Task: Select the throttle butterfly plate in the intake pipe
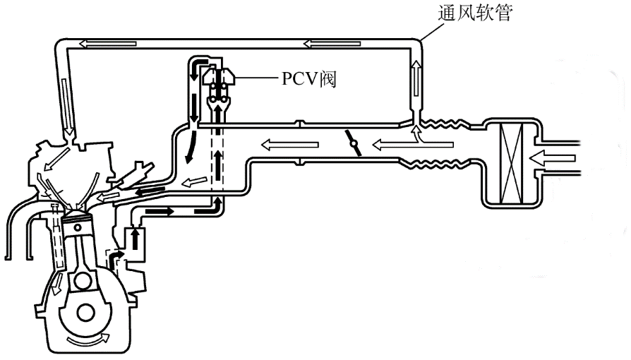point(354,143)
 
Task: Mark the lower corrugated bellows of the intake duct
point(441,167)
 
